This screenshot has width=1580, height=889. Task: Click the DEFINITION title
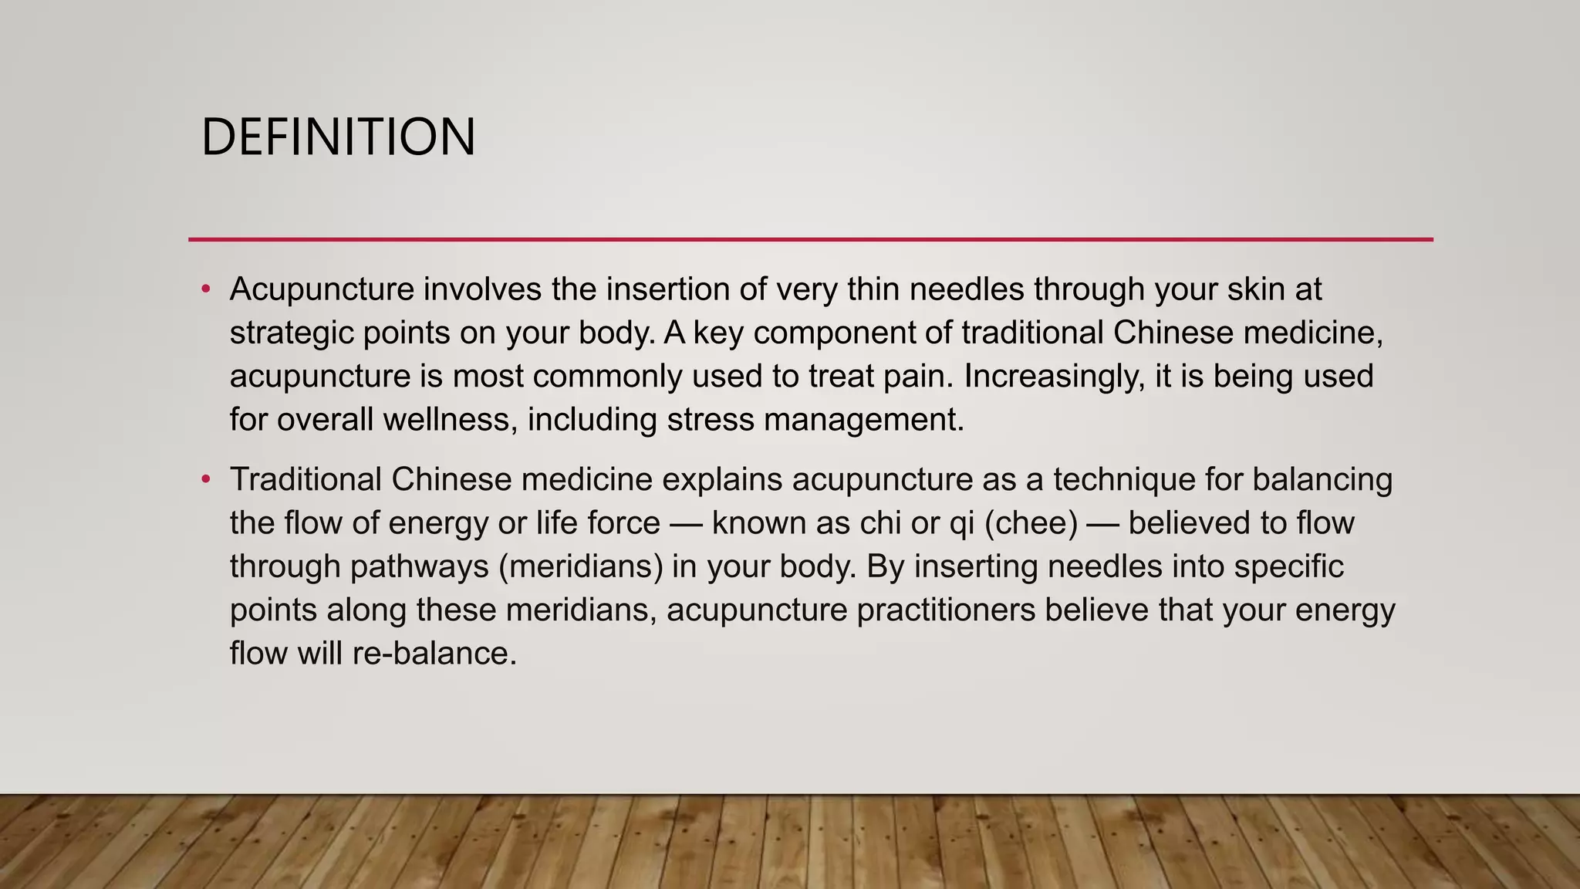tap(338, 137)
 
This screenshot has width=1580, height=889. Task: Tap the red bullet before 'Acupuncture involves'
tap(205, 290)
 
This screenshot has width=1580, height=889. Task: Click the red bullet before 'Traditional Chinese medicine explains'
tap(205, 480)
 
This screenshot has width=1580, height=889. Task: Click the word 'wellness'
tap(449, 420)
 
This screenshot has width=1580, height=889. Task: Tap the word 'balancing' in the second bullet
tap(1322, 479)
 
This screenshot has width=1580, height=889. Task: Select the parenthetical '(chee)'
tap(1031, 523)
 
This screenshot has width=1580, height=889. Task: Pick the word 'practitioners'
tap(946, 610)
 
